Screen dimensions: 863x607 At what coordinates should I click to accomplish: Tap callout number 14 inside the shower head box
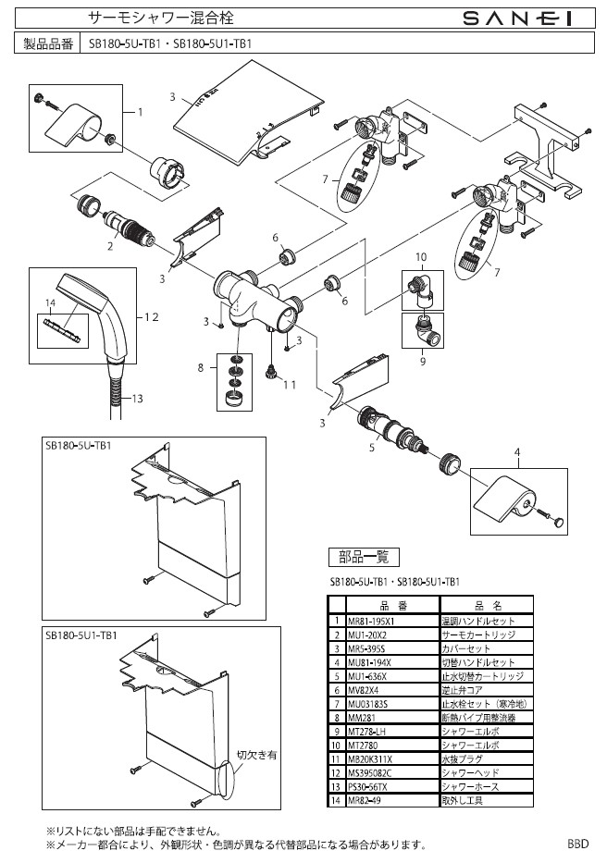50,302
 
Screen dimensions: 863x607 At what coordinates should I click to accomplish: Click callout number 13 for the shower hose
135,399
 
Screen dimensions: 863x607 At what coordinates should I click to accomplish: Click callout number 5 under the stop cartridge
371,448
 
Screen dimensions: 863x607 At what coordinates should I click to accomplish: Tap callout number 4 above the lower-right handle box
518,452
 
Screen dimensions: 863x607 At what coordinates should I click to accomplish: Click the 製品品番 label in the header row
47,43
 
